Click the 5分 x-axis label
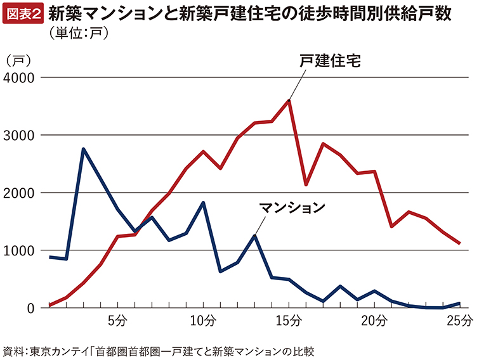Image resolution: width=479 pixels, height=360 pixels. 117,320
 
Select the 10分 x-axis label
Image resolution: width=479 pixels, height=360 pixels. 202,320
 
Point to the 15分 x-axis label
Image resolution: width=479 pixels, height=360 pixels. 289,320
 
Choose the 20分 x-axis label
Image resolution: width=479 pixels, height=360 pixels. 374,320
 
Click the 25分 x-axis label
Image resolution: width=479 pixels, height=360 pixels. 460,320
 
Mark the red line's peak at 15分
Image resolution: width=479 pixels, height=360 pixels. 289,100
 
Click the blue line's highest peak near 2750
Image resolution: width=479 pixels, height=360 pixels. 83,149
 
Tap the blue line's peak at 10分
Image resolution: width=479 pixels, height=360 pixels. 202,203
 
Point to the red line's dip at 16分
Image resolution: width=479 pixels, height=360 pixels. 306,184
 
